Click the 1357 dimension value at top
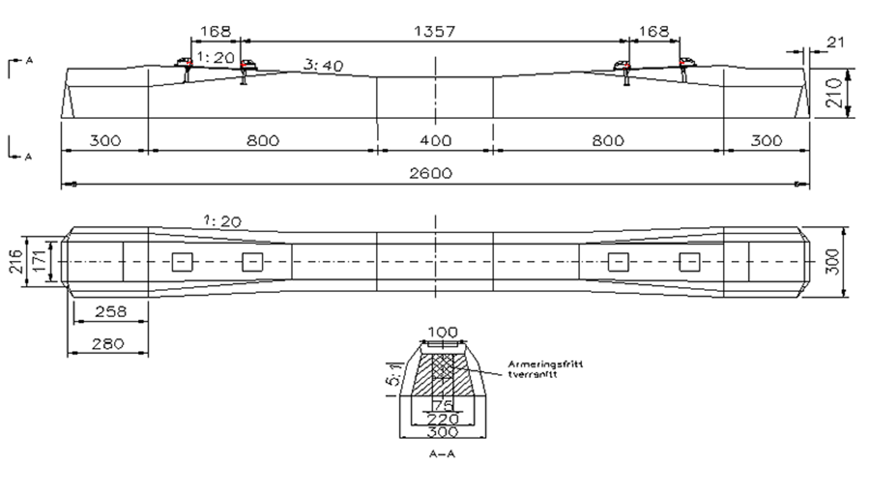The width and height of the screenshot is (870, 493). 434,32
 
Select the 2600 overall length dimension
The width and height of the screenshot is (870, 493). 430,174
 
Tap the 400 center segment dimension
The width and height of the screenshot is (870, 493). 436,141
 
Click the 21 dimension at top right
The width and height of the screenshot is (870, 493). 835,42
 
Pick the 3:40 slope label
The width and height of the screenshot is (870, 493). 324,66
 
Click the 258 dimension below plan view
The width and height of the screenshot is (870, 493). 110,312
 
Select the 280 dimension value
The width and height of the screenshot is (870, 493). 108,344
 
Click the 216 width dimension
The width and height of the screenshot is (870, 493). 16,261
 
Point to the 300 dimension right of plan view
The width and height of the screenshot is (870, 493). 832,262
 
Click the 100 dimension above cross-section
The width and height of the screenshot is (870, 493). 443,332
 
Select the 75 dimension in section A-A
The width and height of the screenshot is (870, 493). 443,405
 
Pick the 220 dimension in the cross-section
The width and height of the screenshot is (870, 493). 443,420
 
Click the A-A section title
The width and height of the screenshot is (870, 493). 442,454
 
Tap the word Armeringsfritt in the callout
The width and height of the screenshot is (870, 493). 545,364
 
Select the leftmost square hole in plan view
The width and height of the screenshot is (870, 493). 182,262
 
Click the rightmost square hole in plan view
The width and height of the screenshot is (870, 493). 689,262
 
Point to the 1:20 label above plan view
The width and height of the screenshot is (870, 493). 222,221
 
